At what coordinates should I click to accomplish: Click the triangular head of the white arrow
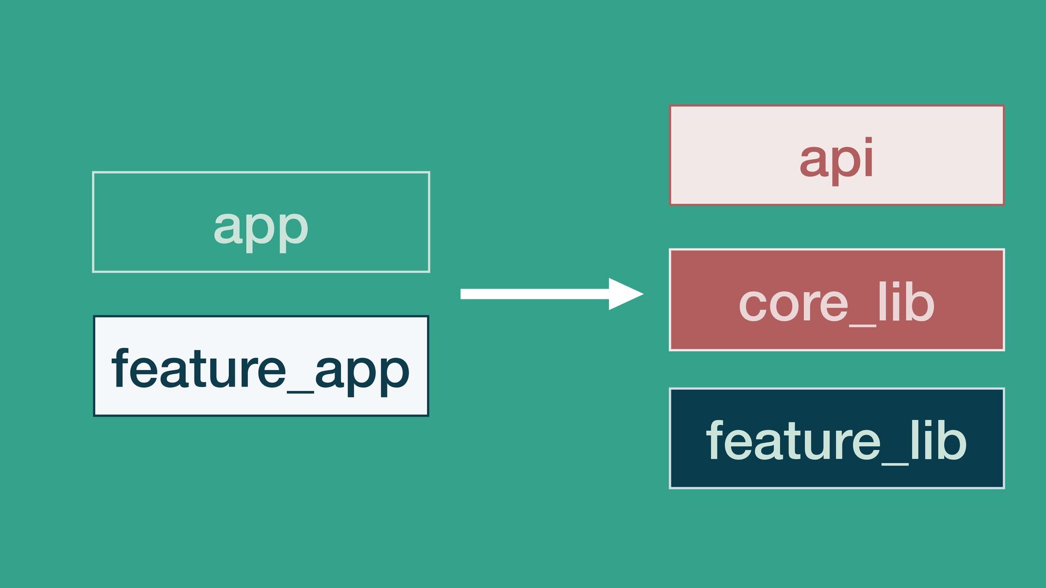click(624, 294)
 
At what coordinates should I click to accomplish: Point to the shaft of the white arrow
click(534, 294)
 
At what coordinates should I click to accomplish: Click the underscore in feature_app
click(300, 390)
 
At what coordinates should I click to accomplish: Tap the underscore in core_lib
click(862, 325)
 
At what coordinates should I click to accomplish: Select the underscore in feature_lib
click(895, 463)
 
